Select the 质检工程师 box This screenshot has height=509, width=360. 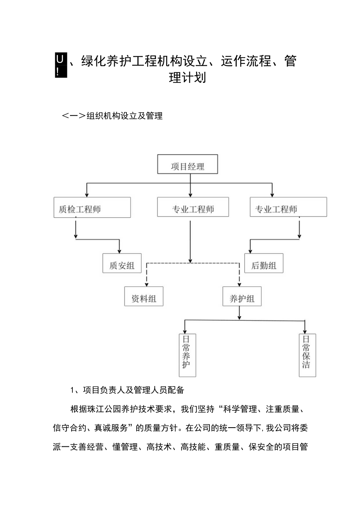pos(92,207)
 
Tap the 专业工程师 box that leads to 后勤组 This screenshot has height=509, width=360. pos(288,207)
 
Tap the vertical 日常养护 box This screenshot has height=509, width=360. pos(187,355)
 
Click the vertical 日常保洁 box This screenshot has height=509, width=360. pos(307,355)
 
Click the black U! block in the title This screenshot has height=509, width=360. pos(60,66)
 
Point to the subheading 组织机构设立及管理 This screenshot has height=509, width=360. pos(124,116)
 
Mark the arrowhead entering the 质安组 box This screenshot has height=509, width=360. pos(119,251)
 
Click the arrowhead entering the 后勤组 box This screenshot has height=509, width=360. pos(250,251)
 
